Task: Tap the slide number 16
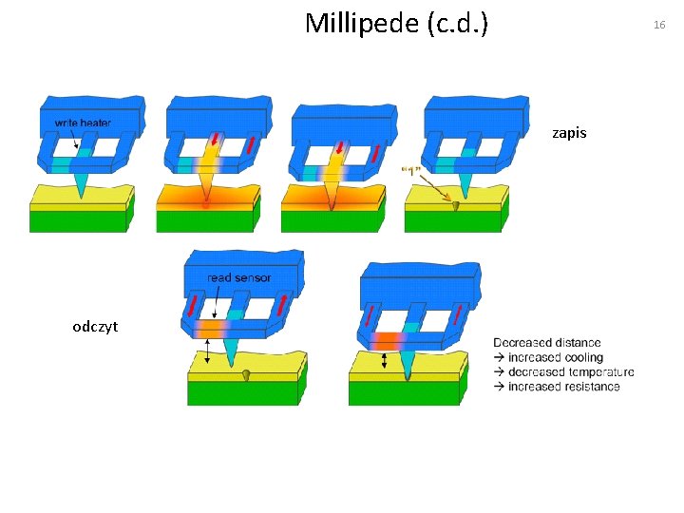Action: coord(659,25)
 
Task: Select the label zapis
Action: coord(569,134)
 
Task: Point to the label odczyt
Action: coord(95,327)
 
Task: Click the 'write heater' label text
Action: coord(83,123)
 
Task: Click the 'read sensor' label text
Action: coord(239,277)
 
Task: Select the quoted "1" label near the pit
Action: coord(411,170)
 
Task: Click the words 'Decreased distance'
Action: coord(546,342)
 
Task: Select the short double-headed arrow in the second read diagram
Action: coord(384,361)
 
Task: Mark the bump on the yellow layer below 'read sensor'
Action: coord(245,373)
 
